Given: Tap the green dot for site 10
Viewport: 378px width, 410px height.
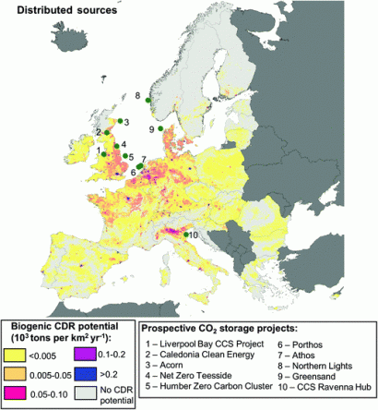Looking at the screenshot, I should (186, 235).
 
